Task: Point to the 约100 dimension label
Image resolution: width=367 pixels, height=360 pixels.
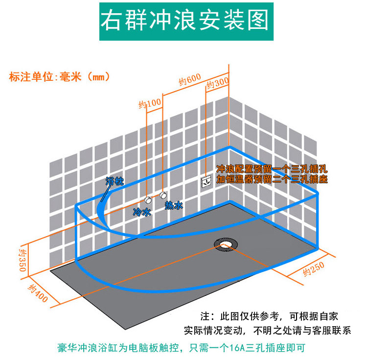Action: [x=149, y=103]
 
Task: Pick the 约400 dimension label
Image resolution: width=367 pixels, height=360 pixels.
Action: [x=38, y=293]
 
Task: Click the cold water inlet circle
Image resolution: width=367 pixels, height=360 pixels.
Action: [x=148, y=200]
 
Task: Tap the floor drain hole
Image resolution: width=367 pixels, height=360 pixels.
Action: [x=226, y=244]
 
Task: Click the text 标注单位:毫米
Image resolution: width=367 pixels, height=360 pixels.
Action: [x=59, y=77]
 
